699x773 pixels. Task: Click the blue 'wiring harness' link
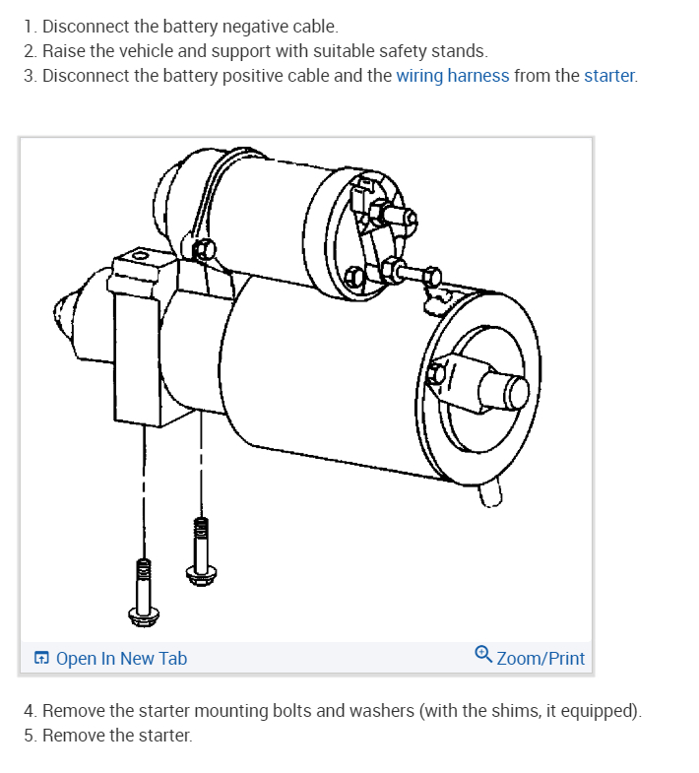tap(453, 76)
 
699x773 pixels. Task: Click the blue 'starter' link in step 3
tap(609, 76)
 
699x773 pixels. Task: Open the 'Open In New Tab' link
tap(121, 659)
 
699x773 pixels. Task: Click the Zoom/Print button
tap(540, 659)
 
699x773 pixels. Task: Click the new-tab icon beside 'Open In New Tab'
tap(42, 659)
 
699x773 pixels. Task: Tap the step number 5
tap(30, 735)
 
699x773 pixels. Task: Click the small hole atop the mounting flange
tap(141, 255)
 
